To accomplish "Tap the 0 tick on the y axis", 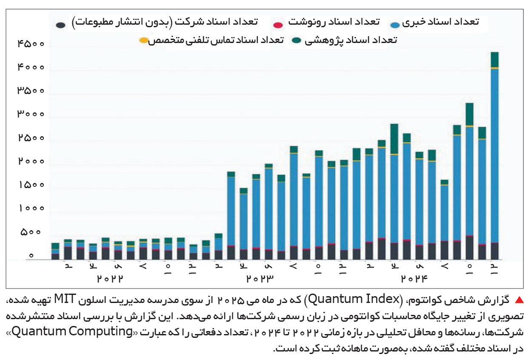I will pos(31,256).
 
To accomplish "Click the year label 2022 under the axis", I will pos(110,279).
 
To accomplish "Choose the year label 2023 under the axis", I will pos(260,279).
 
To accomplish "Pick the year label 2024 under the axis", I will pos(414,279).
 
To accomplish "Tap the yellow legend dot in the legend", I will pos(144,41).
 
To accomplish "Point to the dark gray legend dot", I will pos(61,25).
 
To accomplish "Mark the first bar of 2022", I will pos(55,251).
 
